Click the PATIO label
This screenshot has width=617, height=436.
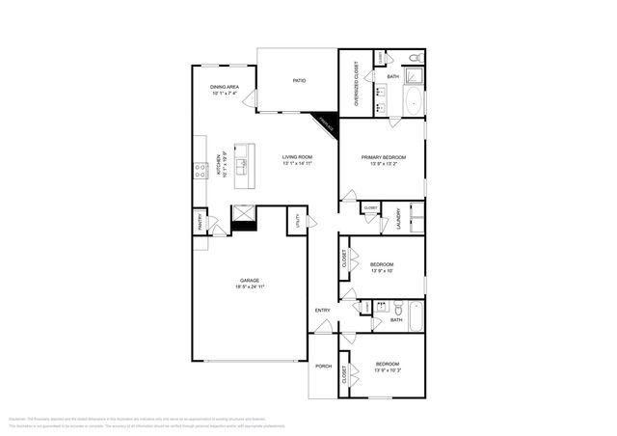(299, 80)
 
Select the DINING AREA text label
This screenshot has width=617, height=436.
(225, 88)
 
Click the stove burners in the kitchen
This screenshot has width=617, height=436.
(201, 171)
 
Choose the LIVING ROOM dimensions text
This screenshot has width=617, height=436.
(298, 164)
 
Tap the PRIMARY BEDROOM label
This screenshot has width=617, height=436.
(383, 157)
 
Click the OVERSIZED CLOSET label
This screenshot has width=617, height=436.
(356, 84)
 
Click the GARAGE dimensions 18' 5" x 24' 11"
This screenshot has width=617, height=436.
(249, 286)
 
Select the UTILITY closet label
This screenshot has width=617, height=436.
(297, 223)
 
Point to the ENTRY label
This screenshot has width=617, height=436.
(322, 310)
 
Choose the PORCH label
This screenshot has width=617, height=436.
(323, 367)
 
